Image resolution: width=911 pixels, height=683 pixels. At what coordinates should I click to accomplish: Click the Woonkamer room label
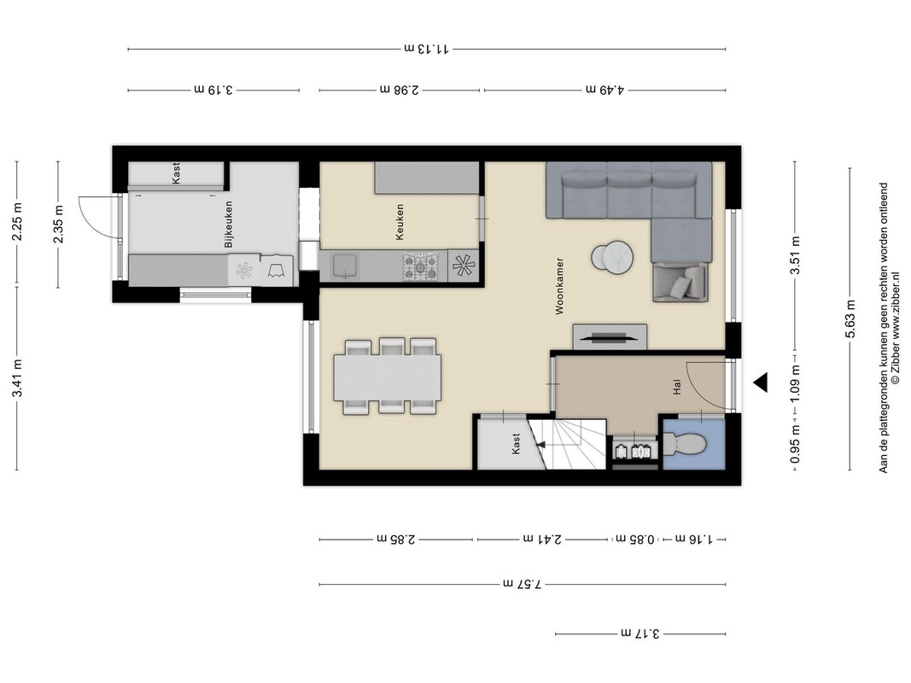559,286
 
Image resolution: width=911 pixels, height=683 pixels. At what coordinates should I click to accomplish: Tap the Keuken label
399,221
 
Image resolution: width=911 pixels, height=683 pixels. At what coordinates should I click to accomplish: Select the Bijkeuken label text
228,225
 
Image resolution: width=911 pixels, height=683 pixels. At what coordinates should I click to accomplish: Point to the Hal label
677,388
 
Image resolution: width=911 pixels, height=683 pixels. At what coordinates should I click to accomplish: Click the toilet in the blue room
686,444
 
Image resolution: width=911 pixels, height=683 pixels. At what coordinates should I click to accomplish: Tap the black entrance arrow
761,382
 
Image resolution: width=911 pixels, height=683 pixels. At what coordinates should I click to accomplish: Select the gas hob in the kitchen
421,266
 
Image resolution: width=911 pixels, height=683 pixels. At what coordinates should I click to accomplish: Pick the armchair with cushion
680,283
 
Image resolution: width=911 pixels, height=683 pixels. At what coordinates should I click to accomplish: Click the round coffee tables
612,257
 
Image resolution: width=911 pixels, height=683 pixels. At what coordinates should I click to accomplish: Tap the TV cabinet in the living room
610,337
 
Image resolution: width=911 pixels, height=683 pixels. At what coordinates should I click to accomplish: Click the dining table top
387,377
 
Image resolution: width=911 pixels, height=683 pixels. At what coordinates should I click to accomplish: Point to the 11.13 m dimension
426,49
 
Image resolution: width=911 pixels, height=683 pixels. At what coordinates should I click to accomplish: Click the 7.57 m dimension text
522,584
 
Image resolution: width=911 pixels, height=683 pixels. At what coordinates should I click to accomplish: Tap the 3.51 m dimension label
796,255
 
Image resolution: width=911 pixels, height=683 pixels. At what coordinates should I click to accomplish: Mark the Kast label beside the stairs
516,444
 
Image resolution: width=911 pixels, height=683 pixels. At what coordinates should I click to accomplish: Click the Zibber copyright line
896,329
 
